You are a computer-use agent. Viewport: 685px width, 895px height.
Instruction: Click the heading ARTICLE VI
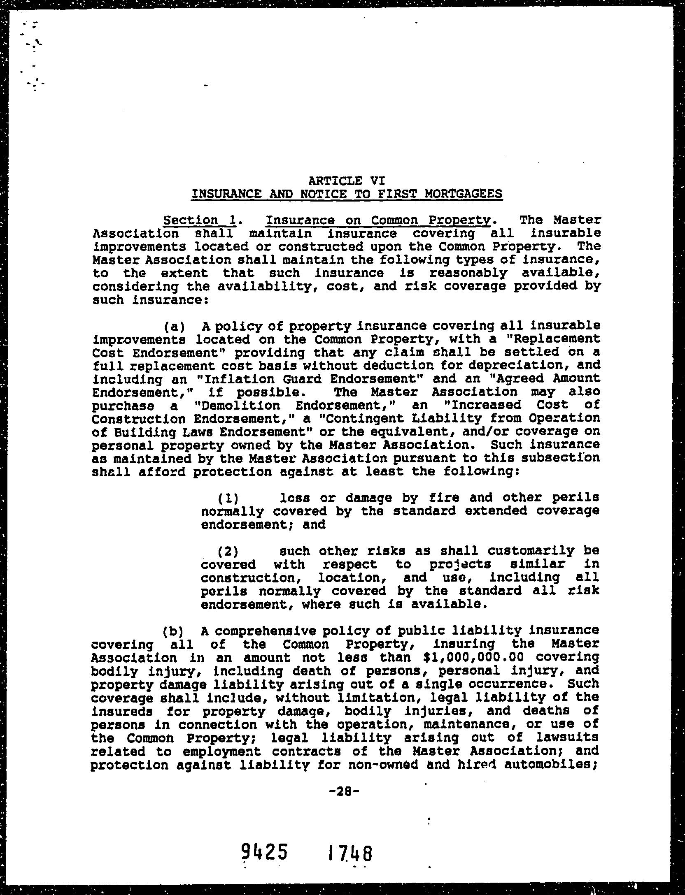coord(346,181)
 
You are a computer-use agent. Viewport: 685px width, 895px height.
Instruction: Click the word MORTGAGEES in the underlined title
coord(463,194)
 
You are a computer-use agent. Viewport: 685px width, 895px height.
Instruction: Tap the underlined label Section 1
coord(200,220)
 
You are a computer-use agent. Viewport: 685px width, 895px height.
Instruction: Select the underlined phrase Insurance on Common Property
coord(378,220)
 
